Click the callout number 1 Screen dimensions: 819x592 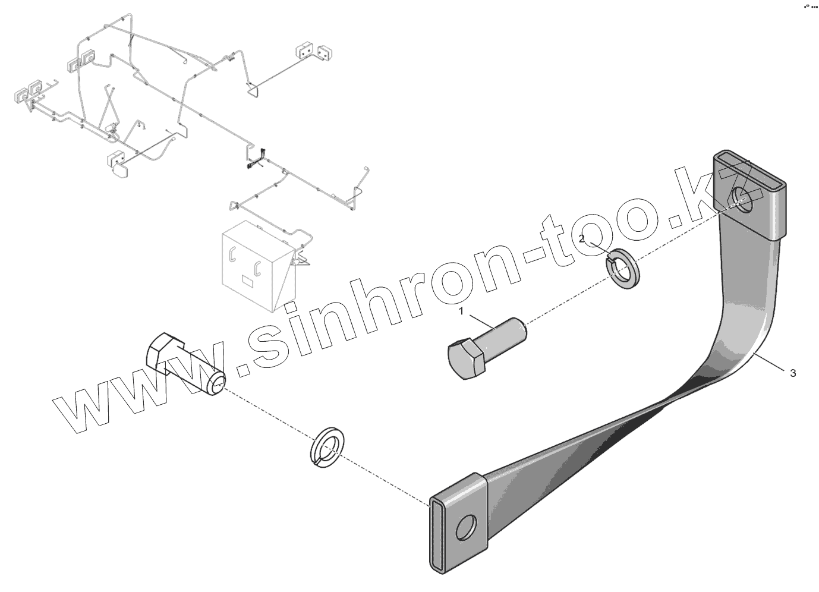[x=461, y=310]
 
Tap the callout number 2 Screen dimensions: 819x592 [x=582, y=238]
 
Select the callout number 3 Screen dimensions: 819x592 [x=792, y=373]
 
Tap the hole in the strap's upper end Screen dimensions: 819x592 [x=742, y=198]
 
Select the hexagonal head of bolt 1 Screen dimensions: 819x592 [x=464, y=359]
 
